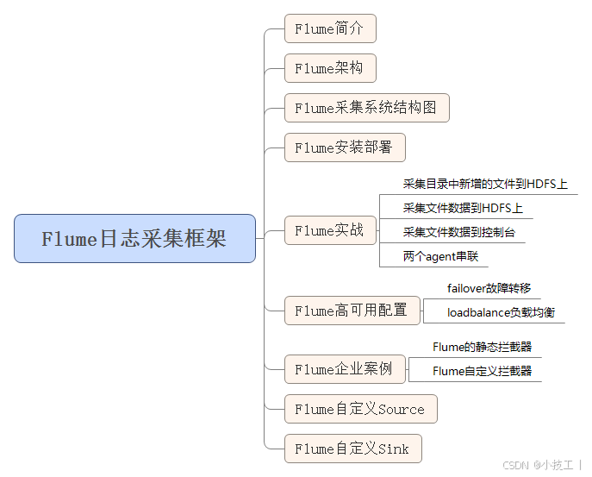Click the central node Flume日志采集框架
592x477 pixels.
[x=134, y=239]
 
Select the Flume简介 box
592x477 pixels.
[x=330, y=28]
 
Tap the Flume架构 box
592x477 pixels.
[x=330, y=68]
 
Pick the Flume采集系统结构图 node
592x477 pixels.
[x=366, y=108]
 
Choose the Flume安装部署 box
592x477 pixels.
[x=344, y=147]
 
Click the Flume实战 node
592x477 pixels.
[x=330, y=230]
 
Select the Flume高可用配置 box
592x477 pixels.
[x=352, y=310]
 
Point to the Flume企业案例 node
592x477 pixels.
[x=344, y=369]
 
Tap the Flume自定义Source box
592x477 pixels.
[x=360, y=409]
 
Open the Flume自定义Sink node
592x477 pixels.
[x=352, y=449]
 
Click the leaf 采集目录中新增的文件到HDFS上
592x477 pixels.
[x=485, y=184]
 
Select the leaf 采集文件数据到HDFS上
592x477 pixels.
[x=463, y=208]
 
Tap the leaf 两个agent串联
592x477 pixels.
[x=440, y=256]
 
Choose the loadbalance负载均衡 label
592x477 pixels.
[x=501, y=312]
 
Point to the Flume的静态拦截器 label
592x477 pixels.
[x=482, y=347]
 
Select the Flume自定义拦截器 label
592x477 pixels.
[x=482, y=371]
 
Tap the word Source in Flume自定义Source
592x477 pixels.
[x=402, y=409]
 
